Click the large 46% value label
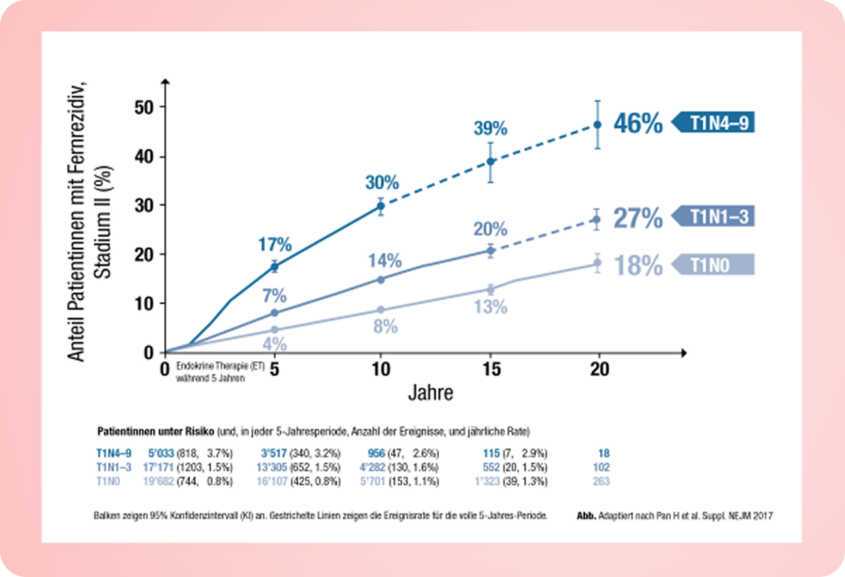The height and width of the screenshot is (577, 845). coord(638,123)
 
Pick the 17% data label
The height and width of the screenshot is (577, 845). coord(275,245)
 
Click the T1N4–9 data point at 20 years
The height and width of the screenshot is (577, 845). coord(597,125)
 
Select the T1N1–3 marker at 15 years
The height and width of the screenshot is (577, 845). coord(490,250)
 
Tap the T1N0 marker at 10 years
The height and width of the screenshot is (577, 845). coord(381,309)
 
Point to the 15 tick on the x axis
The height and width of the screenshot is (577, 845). coord(490,370)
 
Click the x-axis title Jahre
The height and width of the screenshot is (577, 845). coord(430,393)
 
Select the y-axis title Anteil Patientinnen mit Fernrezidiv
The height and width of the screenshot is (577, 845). coord(87,216)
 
